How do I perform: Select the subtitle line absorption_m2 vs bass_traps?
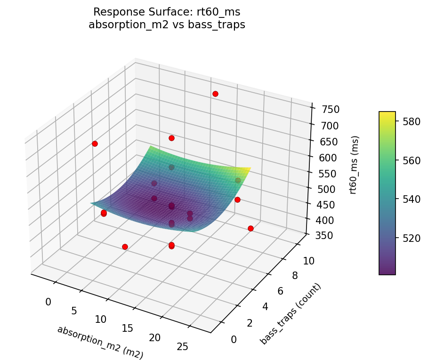pos(167,25)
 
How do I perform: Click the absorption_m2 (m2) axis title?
pos(100,343)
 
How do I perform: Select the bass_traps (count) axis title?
pos(291,314)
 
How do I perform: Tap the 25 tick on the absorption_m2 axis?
pos(182,346)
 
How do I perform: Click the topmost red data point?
pos(215,94)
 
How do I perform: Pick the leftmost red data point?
pos(95,144)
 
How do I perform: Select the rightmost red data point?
pos(250,229)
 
